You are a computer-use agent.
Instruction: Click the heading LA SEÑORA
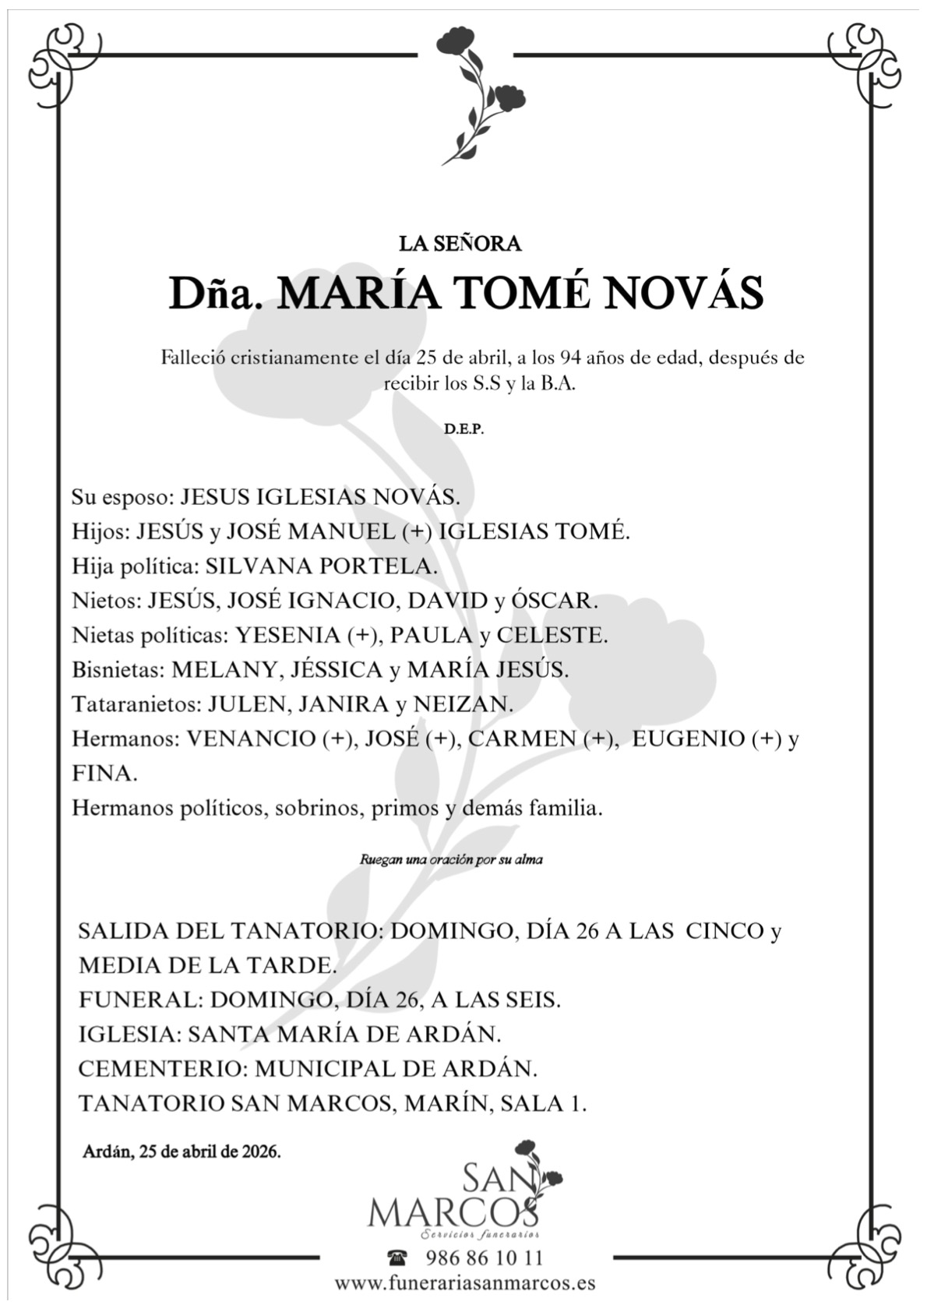(x=460, y=244)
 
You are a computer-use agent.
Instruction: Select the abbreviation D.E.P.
(x=463, y=430)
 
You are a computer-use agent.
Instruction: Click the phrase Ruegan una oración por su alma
(x=451, y=861)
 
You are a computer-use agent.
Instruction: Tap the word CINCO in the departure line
(x=724, y=931)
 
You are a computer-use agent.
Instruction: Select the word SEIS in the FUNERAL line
(x=526, y=1000)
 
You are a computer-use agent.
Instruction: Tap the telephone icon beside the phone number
(x=397, y=1257)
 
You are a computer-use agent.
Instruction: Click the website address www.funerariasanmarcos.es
(x=465, y=1282)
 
